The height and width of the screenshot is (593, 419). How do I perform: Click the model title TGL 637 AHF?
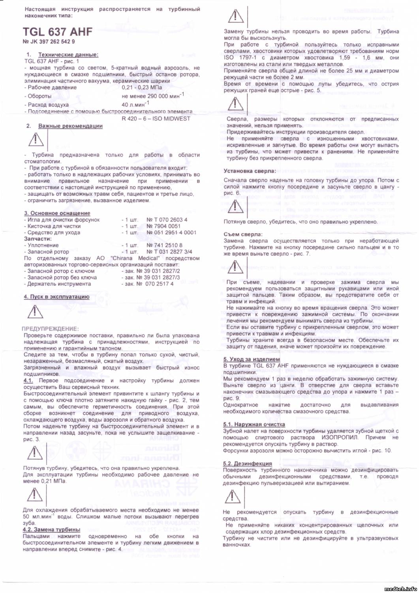(58, 32)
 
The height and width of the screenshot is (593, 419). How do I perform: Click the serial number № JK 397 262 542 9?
(49, 42)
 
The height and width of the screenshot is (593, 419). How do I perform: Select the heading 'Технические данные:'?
(68, 55)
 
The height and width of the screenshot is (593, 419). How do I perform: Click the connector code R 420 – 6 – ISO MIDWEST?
(156, 118)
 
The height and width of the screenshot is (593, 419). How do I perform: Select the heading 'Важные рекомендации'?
(70, 126)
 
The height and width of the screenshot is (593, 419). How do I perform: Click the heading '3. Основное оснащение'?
(57, 213)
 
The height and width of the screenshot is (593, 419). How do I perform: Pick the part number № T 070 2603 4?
(167, 220)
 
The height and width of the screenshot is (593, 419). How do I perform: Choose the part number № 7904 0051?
(163, 226)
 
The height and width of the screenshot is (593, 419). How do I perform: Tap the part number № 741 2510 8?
(164, 245)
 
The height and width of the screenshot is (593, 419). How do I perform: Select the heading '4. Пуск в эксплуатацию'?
(56, 297)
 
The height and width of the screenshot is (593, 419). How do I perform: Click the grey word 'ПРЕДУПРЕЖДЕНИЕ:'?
(50, 329)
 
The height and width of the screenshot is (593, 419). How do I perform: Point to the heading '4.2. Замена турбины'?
(51, 529)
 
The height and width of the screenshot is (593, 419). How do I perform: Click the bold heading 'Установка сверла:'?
(250, 171)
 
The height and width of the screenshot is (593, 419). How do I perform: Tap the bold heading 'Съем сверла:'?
(243, 234)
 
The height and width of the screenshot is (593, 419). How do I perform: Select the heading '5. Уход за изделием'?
(251, 359)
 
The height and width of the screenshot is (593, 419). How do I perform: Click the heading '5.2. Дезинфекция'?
(247, 463)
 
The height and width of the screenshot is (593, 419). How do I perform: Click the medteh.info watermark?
(399, 588)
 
